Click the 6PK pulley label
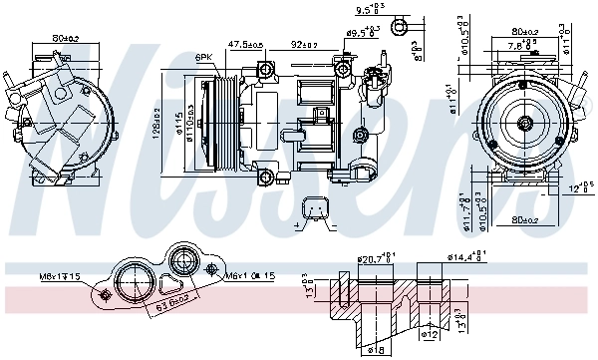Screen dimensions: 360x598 [204, 57]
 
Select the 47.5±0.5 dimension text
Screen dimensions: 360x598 [245, 45]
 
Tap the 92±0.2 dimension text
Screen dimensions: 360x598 [304, 45]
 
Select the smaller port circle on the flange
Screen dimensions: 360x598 [184, 264]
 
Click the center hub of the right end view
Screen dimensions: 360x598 [524, 125]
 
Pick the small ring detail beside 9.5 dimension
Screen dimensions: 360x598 [401, 25]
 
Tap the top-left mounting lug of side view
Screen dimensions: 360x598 [264, 69]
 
